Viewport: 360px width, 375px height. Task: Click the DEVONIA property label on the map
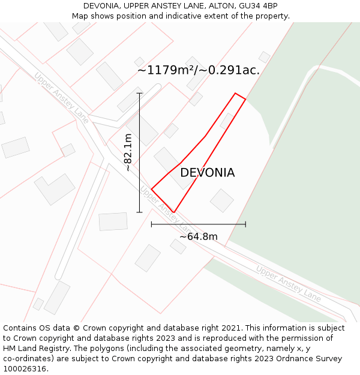coord(207,173)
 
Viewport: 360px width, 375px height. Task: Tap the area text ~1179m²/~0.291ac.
coord(199,70)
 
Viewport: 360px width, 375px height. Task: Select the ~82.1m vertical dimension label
coord(128,152)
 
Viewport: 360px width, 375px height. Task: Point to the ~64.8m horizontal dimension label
coord(198,236)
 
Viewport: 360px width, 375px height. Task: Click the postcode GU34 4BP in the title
coord(257,6)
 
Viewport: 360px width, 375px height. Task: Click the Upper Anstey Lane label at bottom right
coord(288,283)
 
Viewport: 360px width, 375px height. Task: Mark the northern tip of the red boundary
coord(235,94)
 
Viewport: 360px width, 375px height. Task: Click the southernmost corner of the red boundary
coord(173,212)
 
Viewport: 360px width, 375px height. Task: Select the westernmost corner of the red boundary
coord(151,189)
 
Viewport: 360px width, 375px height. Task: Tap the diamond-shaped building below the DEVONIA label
coord(222,200)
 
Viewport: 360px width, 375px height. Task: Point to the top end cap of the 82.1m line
coord(140,93)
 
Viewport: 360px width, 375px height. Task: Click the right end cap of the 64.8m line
coord(245,224)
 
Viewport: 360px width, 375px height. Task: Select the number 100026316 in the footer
coord(25,369)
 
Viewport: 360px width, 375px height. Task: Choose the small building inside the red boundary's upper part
coord(227,121)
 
